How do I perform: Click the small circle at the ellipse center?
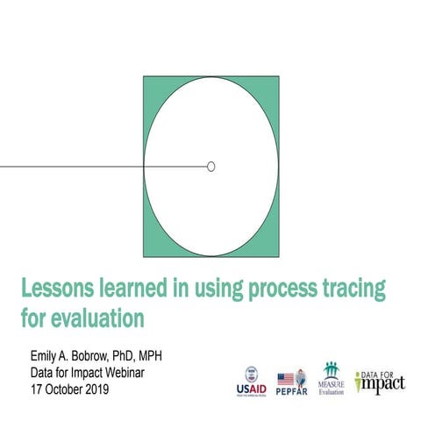point(210,167)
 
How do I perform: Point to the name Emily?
point(43,355)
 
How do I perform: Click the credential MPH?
point(162,355)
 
